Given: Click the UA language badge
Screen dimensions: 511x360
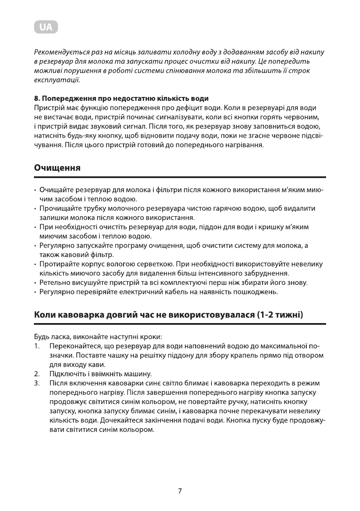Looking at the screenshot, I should click(45, 27).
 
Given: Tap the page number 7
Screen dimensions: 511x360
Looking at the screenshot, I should click(180, 491).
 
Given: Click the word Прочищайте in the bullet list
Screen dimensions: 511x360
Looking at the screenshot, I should click(58, 208).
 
